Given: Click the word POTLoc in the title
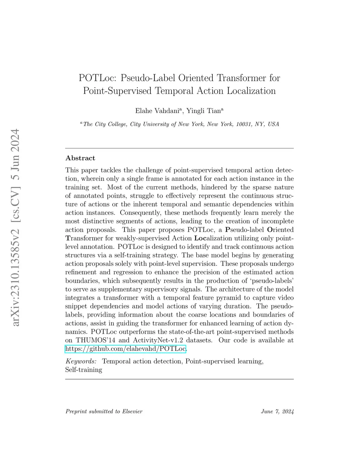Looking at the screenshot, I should click(x=93, y=78).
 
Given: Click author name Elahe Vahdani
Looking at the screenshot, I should click(x=157, y=111).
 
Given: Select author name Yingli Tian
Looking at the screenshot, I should click(x=204, y=111).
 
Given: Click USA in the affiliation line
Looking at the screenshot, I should click(x=273, y=124).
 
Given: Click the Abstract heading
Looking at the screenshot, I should click(x=80, y=158).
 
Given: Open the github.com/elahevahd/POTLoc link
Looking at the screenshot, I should click(x=126, y=349).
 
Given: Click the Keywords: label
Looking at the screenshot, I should click(x=81, y=361).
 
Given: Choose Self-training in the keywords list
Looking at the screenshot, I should click(x=84, y=370).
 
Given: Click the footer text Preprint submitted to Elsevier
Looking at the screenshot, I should click(x=104, y=411).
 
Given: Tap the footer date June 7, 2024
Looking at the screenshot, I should click(x=277, y=411).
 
